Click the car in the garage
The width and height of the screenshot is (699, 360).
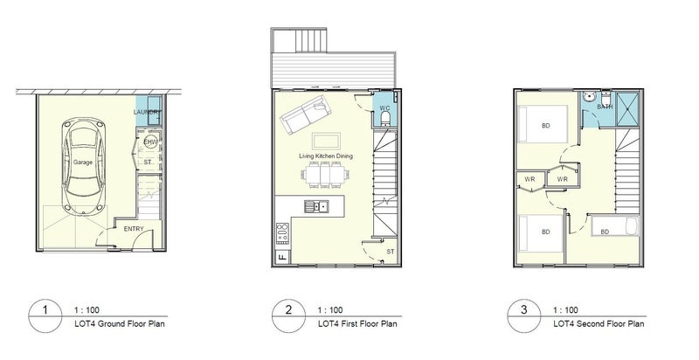83,165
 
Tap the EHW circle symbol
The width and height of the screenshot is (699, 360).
151,143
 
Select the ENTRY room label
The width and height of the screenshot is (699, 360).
134,229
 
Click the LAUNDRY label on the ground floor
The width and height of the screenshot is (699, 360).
147,112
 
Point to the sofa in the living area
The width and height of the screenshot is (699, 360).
304,114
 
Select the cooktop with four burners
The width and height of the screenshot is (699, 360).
282,234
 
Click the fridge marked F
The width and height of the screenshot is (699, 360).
281,257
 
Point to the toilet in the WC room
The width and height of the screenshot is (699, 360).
385,118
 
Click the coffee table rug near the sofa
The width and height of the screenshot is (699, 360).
326,141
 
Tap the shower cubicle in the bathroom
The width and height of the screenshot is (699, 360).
627,108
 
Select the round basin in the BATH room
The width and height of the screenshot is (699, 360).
589,97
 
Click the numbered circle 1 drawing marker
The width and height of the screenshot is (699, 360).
45,316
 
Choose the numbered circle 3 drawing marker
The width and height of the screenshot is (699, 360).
524,316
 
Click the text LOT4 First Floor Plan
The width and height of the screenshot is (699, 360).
357,324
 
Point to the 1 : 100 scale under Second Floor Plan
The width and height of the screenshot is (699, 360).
565,310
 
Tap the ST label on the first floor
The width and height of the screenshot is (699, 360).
391,252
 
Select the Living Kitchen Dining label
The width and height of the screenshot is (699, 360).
326,156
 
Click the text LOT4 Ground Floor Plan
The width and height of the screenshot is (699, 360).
120,324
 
